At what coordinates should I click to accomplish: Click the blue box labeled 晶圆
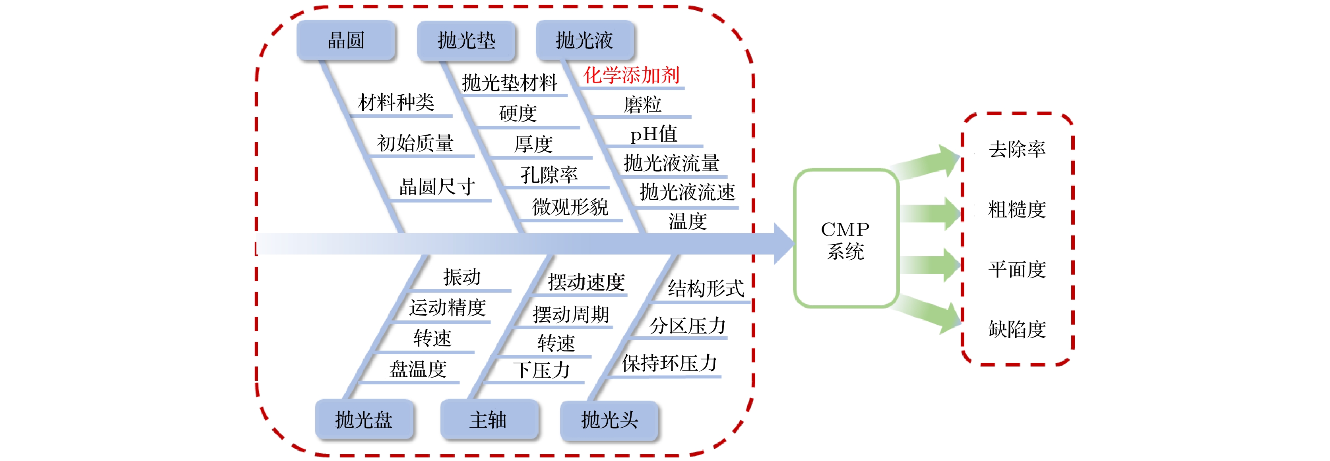pos(346,40)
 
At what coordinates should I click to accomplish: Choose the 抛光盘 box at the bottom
pos(364,419)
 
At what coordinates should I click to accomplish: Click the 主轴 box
pos(489,419)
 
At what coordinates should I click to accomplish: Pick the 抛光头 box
pos(609,420)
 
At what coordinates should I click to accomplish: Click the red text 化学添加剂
pos(631,75)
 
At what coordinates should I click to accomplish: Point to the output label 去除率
pos(1017,149)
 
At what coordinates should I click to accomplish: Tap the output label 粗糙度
pos(1017,209)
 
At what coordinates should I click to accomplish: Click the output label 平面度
pos(1017,269)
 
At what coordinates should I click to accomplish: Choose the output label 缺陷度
pos(1017,329)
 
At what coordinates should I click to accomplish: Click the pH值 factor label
pos(653,134)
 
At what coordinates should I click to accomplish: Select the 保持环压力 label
pos(670,363)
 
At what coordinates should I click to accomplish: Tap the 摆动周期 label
pos(571,314)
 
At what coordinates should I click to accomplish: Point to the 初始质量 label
pos(415,143)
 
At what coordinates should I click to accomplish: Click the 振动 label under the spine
pos(461,277)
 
